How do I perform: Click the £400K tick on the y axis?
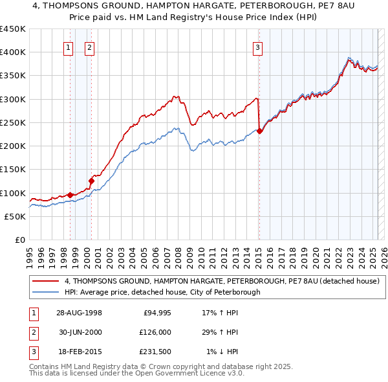click(13, 52)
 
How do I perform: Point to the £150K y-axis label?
click(13, 170)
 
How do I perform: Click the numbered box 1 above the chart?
click(69, 47)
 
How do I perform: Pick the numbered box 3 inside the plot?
click(257, 47)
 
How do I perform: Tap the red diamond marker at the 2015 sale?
click(259, 131)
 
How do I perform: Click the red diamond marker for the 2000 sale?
click(91, 181)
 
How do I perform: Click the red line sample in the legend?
click(45, 281)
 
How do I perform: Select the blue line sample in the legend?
click(45, 292)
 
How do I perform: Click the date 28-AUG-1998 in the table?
click(79, 313)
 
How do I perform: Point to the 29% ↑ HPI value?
click(221, 332)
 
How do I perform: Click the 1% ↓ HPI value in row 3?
click(222, 352)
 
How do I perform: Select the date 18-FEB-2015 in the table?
click(79, 352)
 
